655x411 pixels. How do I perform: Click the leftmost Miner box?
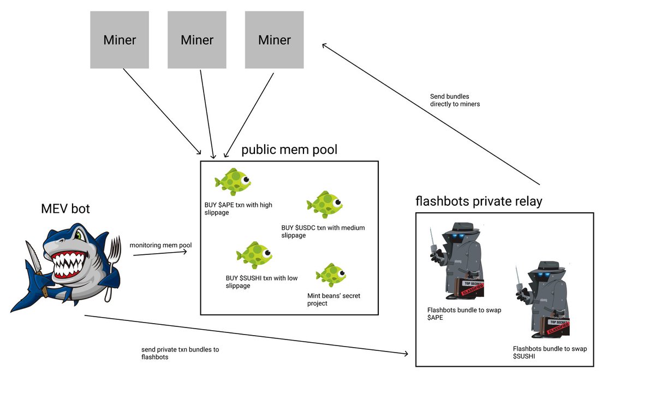pyautogui.click(x=120, y=40)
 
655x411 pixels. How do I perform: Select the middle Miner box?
pyautogui.click(x=197, y=40)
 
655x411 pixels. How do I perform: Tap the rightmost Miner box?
pyautogui.click(x=275, y=40)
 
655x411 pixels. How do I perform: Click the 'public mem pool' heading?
pyautogui.click(x=289, y=150)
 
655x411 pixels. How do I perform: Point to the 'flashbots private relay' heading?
pyautogui.click(x=479, y=201)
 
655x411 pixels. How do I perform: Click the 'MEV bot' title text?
pyautogui.click(x=65, y=209)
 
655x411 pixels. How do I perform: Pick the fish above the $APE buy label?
pyautogui.click(x=233, y=181)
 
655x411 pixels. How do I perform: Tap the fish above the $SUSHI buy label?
pyautogui.click(x=254, y=255)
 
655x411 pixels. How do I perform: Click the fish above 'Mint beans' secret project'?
pyautogui.click(x=331, y=276)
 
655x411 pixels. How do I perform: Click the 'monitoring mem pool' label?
pyautogui.click(x=160, y=245)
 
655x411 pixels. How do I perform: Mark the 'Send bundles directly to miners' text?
pyautogui.click(x=455, y=100)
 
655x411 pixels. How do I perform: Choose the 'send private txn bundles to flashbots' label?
pyautogui.click(x=180, y=353)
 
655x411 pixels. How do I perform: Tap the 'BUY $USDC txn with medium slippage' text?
pyautogui.click(x=323, y=231)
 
